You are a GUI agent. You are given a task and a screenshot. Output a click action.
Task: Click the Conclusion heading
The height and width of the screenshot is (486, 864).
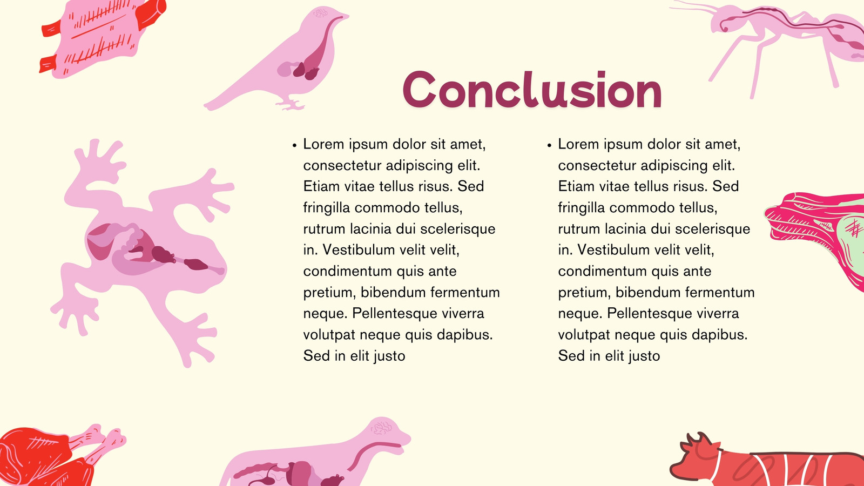tap(532, 90)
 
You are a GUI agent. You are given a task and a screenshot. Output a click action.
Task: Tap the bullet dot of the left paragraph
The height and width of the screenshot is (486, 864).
tap(295, 145)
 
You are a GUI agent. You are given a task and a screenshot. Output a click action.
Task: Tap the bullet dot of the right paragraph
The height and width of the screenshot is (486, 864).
tap(550, 145)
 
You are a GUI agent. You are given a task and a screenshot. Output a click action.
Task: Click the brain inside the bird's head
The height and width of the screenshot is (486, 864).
tap(321, 13)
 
